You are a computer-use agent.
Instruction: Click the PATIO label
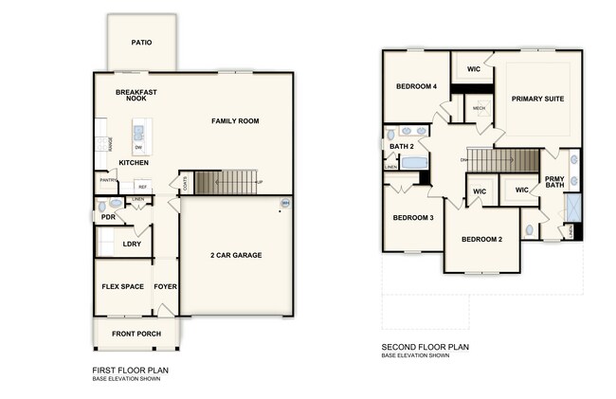[141, 43]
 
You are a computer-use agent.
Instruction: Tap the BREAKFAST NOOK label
[136, 95]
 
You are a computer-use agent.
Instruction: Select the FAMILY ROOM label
[235, 121]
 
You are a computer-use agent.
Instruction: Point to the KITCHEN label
[134, 162]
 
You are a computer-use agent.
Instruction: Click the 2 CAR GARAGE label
[236, 255]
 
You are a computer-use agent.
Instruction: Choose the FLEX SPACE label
[123, 286]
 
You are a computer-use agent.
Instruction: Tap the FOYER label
[166, 286]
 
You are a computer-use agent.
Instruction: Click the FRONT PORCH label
[137, 334]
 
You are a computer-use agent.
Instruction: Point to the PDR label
[108, 217]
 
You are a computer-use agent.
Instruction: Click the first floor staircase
[226, 182]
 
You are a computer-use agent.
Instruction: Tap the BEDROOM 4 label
[416, 87]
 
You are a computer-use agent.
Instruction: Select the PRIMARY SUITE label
[537, 99]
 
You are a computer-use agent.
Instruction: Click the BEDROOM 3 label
[413, 218]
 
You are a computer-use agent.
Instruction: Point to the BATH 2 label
[402, 146]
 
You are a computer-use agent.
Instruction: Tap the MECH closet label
[479, 108]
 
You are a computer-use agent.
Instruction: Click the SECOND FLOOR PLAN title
[426, 347]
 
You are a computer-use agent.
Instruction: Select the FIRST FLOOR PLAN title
[131, 370]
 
